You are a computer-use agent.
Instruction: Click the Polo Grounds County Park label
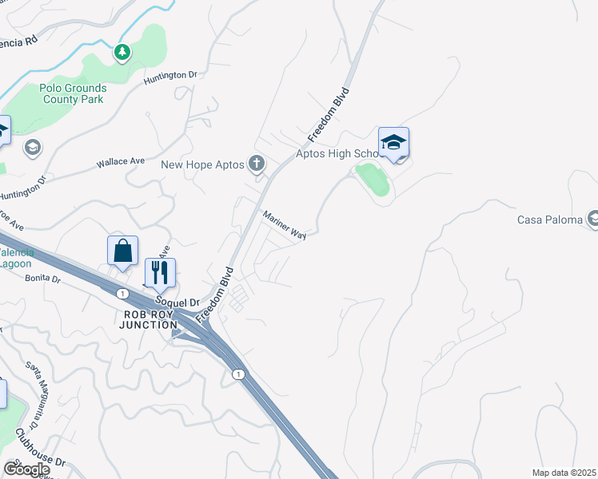click(x=72, y=93)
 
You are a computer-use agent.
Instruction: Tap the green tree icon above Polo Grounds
click(x=122, y=53)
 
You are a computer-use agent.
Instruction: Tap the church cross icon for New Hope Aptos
click(x=257, y=164)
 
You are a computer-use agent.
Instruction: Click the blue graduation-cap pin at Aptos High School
click(x=393, y=143)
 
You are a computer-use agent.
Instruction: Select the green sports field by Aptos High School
click(x=373, y=179)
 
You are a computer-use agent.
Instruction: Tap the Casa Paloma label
click(x=549, y=220)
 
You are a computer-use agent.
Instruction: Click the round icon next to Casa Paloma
click(x=593, y=218)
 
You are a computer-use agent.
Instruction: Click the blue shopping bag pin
click(x=123, y=251)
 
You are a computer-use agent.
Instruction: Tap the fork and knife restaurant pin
click(x=160, y=273)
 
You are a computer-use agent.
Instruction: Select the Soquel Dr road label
click(x=178, y=303)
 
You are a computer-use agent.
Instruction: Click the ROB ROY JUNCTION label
click(x=149, y=319)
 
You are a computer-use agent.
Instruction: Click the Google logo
click(x=26, y=469)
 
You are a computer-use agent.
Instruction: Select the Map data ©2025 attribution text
click(x=564, y=473)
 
